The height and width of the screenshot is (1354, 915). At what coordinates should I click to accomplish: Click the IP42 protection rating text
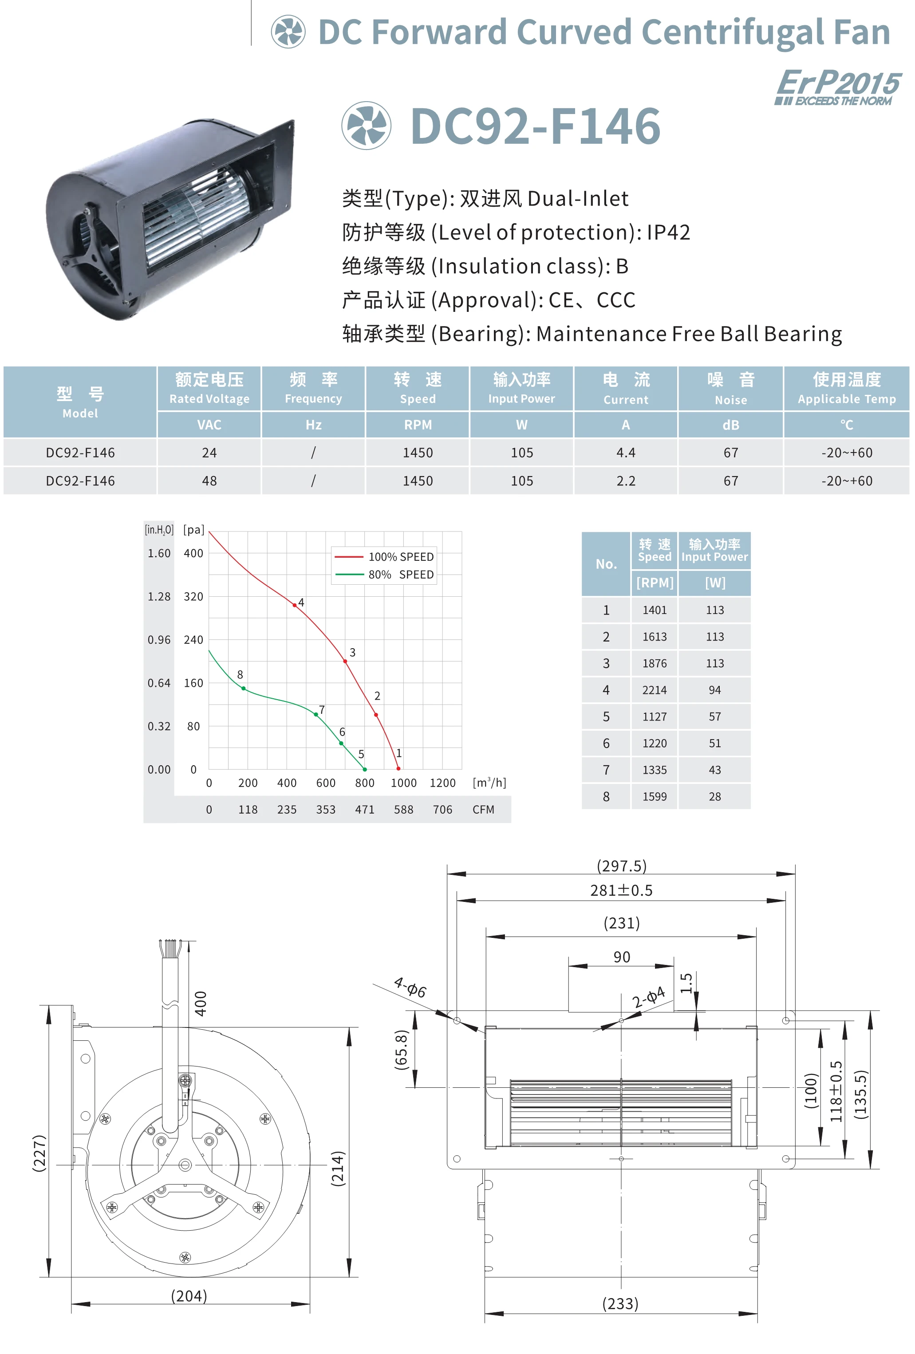click(668, 232)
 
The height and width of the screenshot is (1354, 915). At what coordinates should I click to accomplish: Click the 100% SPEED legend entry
click(385, 557)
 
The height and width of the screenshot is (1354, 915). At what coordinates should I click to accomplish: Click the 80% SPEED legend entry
click(385, 575)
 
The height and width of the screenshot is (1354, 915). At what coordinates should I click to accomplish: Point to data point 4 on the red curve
click(294, 605)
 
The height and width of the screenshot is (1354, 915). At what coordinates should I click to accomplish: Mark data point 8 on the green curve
click(244, 689)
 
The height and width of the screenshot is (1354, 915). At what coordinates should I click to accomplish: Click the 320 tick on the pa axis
click(193, 597)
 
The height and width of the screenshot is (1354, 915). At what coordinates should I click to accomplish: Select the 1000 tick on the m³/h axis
click(403, 783)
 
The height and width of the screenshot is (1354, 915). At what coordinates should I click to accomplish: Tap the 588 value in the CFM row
click(403, 810)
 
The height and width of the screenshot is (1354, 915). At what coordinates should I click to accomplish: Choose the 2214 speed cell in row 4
click(654, 690)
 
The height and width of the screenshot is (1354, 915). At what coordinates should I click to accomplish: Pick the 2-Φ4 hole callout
click(648, 997)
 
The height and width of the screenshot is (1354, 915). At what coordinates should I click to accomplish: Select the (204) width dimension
click(189, 1296)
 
